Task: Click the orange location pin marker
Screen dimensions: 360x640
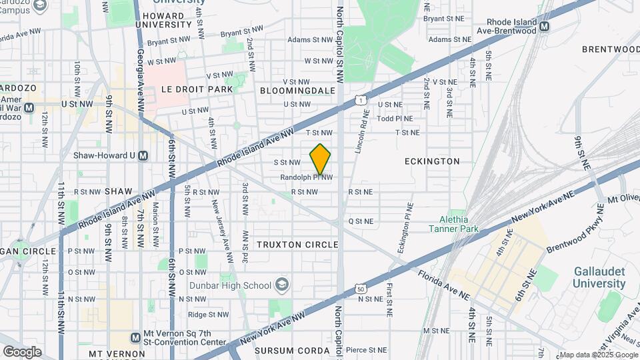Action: point(320,159)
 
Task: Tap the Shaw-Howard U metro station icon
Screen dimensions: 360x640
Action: point(143,156)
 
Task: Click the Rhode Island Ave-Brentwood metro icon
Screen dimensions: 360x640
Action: point(545,27)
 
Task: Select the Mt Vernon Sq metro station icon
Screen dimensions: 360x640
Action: point(136,337)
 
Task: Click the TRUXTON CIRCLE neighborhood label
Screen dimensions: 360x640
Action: point(299,245)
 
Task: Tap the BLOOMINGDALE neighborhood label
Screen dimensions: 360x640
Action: point(297,89)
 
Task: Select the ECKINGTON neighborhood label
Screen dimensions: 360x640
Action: point(432,161)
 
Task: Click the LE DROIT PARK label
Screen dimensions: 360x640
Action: point(197,89)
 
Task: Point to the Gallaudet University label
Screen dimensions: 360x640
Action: point(600,277)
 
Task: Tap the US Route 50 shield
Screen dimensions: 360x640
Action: point(361,289)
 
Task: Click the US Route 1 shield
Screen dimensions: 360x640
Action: point(361,100)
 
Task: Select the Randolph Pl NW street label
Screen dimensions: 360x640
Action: point(306,177)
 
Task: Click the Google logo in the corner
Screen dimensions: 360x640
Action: point(22,351)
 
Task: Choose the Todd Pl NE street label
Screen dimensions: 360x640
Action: point(395,119)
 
